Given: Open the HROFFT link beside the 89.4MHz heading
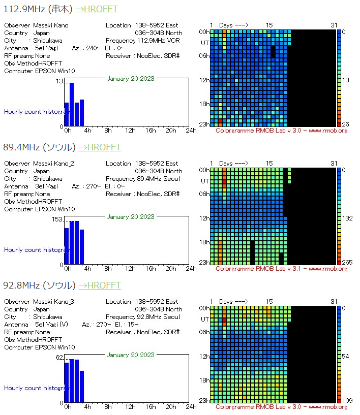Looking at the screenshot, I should [x=100, y=147].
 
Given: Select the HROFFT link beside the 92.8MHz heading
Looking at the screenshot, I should [x=100, y=285].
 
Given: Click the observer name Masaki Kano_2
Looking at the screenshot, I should [x=53, y=164].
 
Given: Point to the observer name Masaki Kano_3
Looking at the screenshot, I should [x=53, y=302].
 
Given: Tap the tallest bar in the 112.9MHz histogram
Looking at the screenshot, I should [x=72, y=104].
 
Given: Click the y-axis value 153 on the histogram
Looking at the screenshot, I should [x=57, y=219].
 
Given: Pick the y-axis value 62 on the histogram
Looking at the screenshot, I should [x=59, y=358].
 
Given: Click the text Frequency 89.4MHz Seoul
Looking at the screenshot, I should [x=143, y=179].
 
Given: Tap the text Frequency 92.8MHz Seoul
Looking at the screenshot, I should [x=143, y=317].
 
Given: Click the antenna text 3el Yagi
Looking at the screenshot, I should [x=46, y=186].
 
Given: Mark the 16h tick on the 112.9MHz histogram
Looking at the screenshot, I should [x=151, y=131].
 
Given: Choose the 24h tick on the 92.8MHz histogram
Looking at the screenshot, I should [x=191, y=407].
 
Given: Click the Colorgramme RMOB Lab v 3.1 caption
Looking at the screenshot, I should [x=281, y=269].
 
